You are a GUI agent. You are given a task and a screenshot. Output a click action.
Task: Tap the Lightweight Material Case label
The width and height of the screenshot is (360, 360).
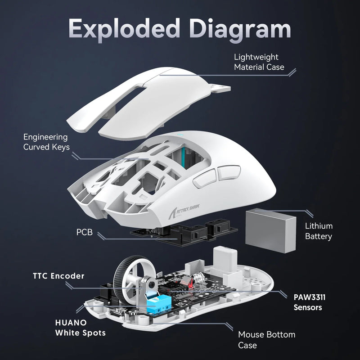(259, 62)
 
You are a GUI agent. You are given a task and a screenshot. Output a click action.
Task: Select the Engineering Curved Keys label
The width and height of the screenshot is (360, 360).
(45, 142)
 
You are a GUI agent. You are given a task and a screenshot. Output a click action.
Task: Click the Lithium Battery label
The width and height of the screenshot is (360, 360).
(319, 231)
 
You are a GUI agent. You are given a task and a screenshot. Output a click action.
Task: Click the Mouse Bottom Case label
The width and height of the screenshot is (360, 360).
(266, 340)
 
